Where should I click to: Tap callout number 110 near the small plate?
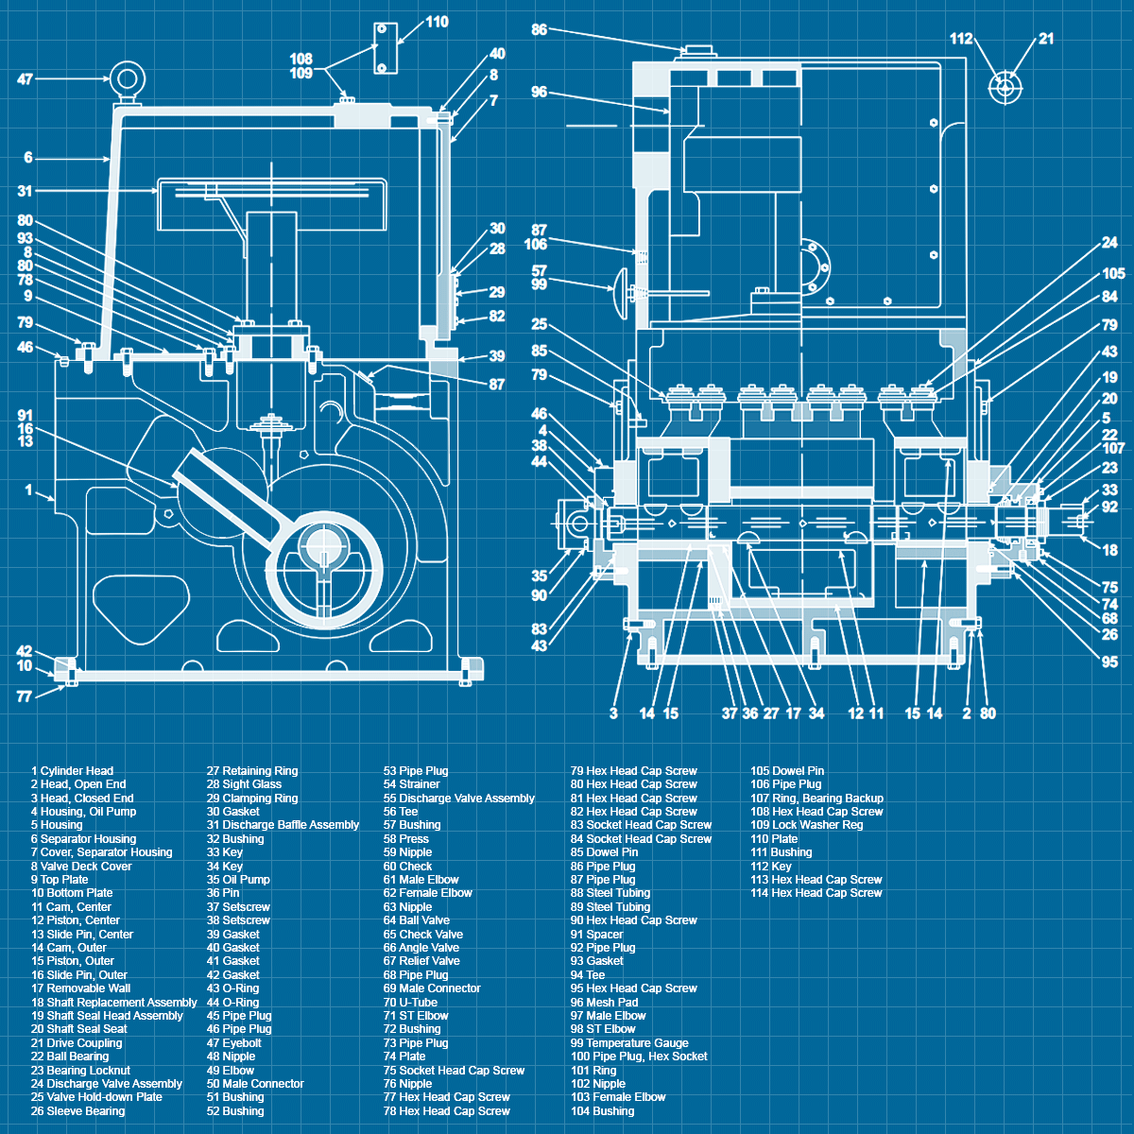437,22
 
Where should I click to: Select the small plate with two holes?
382,47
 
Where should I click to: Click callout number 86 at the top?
539,30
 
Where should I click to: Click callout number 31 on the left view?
25,191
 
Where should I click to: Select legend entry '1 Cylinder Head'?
72,771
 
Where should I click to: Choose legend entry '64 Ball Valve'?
416,920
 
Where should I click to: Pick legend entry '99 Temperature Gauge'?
629,1043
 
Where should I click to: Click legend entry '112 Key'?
772,866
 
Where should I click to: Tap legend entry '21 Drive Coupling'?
77,1043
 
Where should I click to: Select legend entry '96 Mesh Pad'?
604,1002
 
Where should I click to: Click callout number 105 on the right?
1113,273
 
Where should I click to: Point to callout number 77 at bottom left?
25,696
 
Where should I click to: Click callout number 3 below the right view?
613,713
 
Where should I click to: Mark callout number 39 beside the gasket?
497,356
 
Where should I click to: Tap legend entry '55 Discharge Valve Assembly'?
458,799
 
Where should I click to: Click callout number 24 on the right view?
1109,243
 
